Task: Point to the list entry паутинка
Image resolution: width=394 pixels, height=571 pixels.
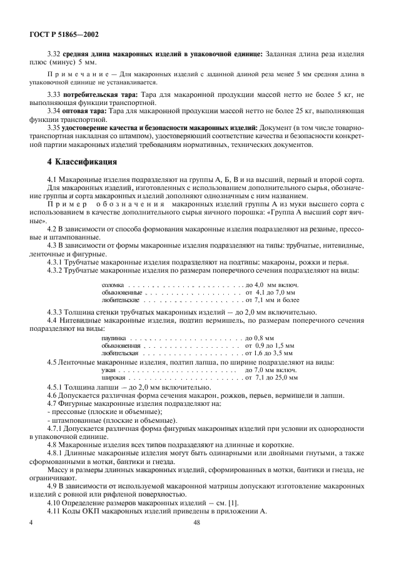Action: coord(113,338)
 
